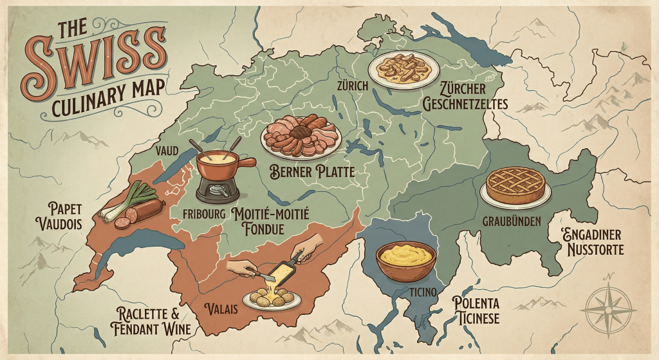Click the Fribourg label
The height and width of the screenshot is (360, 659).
[203, 213]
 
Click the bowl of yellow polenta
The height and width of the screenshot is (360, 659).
[405, 259]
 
